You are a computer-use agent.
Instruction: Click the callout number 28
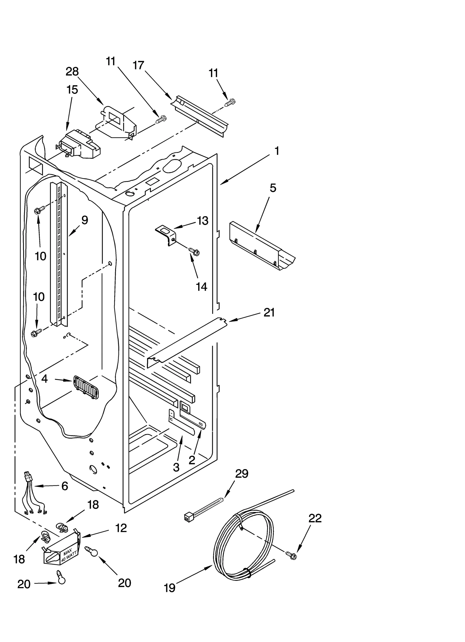pyautogui.click(x=72, y=71)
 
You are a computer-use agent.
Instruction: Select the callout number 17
pyautogui.click(x=138, y=65)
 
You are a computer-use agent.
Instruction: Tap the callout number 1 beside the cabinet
pyautogui.click(x=277, y=151)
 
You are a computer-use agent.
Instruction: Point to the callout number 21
pyautogui.click(x=269, y=313)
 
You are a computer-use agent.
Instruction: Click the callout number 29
pyautogui.click(x=242, y=474)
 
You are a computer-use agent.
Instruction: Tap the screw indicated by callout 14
pyautogui.click(x=194, y=251)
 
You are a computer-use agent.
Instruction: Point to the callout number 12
pyautogui.click(x=121, y=528)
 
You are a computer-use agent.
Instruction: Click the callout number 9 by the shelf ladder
pyautogui.click(x=84, y=220)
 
